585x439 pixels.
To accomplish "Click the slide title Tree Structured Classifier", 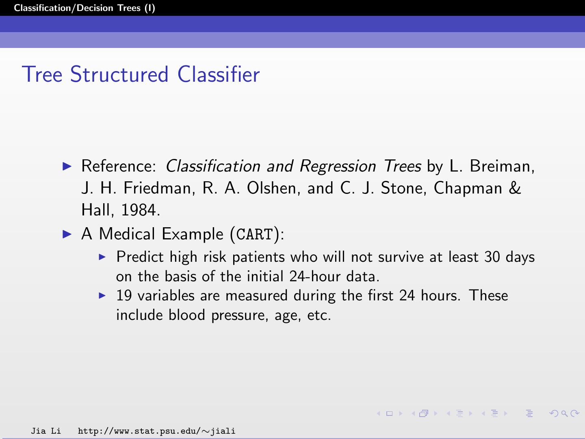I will click(x=141, y=74).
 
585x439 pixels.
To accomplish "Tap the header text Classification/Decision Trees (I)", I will click(x=84, y=8).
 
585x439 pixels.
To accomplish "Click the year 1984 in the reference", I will click(x=139, y=210).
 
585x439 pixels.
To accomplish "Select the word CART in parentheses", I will click(x=255, y=235).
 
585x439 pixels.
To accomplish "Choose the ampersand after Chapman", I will click(x=515, y=188).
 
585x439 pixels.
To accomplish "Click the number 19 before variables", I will click(x=124, y=296).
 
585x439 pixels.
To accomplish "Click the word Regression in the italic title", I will click(x=338, y=166).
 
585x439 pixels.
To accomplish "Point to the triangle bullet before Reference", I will click(x=68, y=166).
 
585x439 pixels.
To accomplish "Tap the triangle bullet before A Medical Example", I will click(x=68, y=234).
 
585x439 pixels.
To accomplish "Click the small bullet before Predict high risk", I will click(x=102, y=257).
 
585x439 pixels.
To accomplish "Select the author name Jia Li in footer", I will click(x=45, y=431).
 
